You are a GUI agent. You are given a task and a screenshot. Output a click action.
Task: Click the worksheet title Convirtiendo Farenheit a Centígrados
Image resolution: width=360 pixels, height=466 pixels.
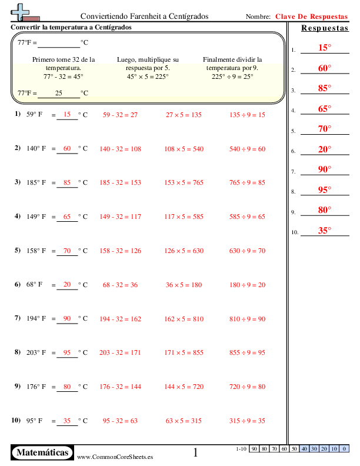tap(144, 16)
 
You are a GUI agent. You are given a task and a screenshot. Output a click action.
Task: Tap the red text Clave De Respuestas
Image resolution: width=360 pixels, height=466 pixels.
tap(311, 16)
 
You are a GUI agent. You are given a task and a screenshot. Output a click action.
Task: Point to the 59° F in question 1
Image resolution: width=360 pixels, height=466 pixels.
tap(35, 115)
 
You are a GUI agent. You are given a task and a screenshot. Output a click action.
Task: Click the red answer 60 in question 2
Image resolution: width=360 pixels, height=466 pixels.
tap(67, 149)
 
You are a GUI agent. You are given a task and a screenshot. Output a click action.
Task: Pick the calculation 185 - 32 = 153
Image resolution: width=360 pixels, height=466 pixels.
tap(120, 183)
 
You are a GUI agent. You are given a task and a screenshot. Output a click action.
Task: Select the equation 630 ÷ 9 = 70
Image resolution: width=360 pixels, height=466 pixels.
tap(247, 251)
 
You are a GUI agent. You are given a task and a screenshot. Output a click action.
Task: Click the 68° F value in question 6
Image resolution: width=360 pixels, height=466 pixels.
tap(35, 285)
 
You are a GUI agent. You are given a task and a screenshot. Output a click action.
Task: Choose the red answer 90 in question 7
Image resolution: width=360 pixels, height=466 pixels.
tap(67, 318)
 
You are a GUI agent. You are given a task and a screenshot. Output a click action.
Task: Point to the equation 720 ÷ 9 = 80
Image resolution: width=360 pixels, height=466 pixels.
tap(247, 387)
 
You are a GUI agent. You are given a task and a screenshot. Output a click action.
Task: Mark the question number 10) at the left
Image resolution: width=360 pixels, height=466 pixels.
tap(16, 421)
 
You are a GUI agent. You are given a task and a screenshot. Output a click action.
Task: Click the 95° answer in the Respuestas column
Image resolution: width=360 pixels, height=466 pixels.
tap(325, 190)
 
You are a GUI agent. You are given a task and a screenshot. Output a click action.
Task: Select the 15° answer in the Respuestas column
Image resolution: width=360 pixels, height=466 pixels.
tap(325, 48)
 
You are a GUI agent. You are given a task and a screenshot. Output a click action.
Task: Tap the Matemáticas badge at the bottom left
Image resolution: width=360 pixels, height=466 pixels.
tap(42, 452)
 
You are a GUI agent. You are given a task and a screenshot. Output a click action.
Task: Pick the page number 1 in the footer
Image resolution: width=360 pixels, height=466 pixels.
tap(196, 452)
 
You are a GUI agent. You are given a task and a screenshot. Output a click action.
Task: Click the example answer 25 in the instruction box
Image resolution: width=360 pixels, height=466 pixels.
tap(58, 93)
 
